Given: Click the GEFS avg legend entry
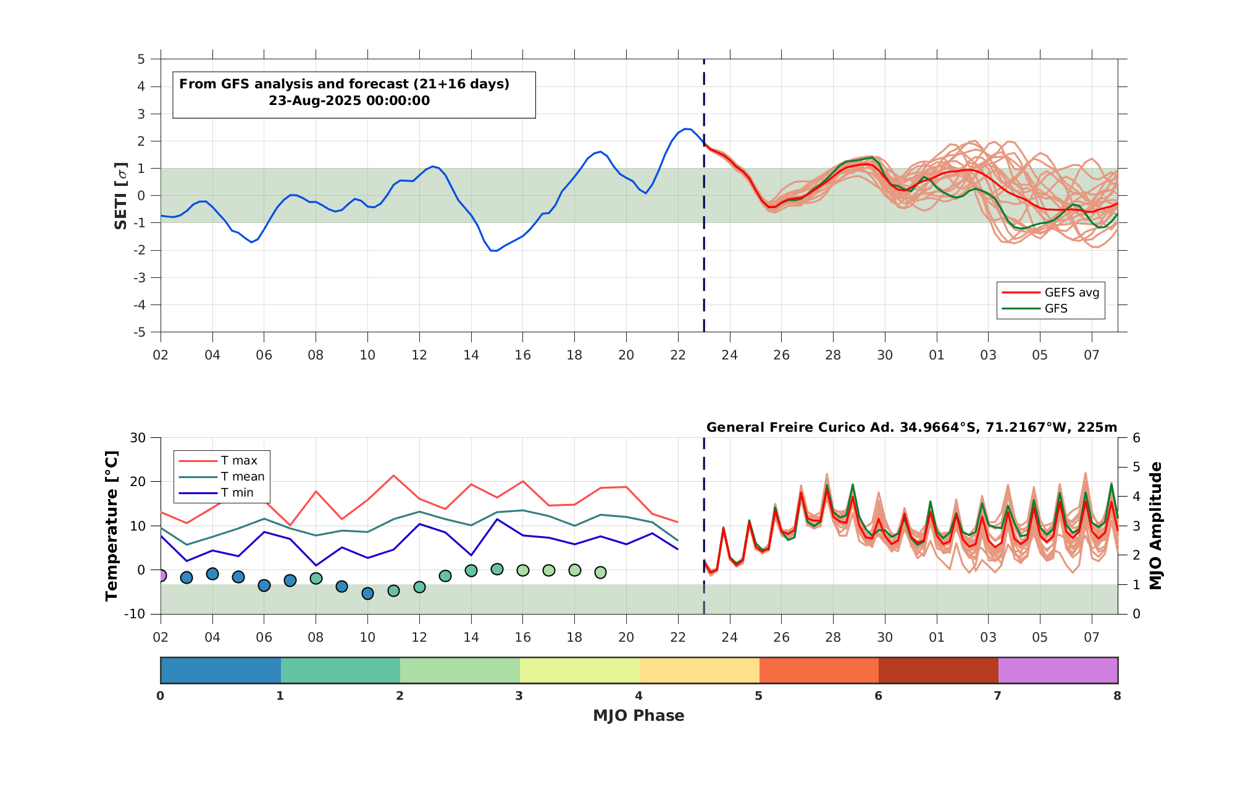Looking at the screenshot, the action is click(1050, 293).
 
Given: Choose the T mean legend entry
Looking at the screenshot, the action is click(222, 477).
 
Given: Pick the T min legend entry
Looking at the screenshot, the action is click(216, 493).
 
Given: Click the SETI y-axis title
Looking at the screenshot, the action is click(121, 196).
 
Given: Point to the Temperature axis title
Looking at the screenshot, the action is click(112, 526).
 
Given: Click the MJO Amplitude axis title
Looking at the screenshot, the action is click(1156, 526).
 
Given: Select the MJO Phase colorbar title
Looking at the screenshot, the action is click(638, 716).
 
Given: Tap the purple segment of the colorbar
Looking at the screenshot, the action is click(1058, 670).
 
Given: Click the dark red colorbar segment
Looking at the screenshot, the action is click(939, 670).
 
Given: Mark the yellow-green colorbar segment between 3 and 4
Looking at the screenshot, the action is click(580, 670).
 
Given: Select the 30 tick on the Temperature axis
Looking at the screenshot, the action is click(138, 438).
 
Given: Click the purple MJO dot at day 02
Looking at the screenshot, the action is click(161, 576).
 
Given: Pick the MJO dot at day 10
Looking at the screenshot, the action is click(367, 594).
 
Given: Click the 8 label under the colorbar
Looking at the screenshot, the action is click(1117, 696).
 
